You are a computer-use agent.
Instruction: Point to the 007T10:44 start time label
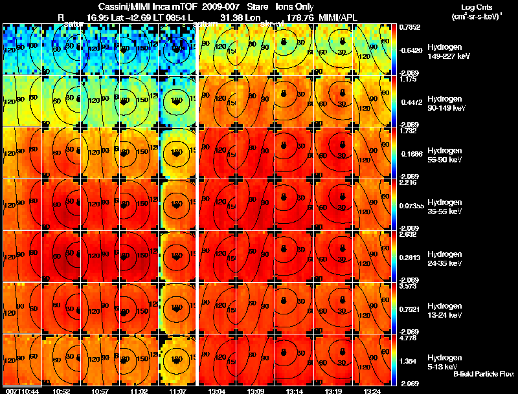click(x=21, y=390)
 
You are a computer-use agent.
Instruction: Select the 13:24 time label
click(x=372, y=390)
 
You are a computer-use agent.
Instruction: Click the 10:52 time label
click(x=62, y=390)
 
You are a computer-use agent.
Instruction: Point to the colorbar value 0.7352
click(x=412, y=27)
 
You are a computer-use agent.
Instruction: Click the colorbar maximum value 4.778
click(x=412, y=337)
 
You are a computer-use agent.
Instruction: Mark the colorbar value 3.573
click(x=412, y=285)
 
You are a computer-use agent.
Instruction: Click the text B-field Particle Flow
click(x=483, y=374)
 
